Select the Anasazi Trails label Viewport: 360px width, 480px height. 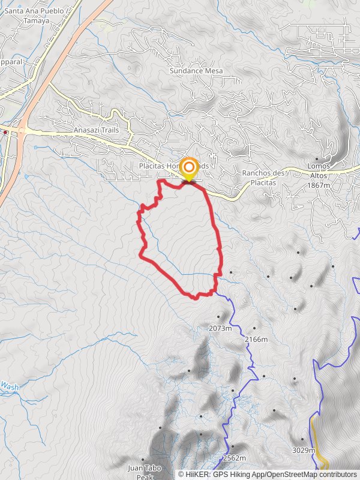click(96, 130)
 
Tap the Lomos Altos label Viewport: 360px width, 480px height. click(319, 170)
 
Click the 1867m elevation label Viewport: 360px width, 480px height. click(318, 185)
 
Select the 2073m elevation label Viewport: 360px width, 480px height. click(220, 328)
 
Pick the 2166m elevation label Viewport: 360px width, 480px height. click(256, 339)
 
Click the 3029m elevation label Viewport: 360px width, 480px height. click(304, 450)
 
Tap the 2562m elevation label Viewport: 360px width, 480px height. click(234, 458)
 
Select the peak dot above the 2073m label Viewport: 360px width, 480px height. click(218, 317)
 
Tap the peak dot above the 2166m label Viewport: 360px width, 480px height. click(254, 328)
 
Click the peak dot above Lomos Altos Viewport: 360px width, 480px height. click(317, 159)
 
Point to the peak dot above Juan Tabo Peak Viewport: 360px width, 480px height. click(143, 460)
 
